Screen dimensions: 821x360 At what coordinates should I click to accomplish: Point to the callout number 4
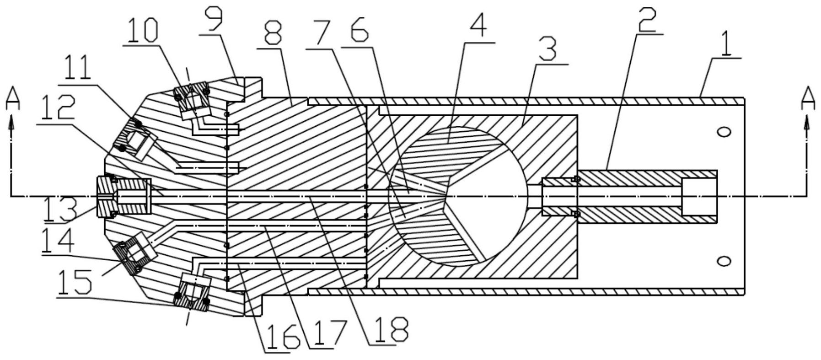tap(478, 28)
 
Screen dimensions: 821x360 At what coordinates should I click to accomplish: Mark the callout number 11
tap(78, 70)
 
